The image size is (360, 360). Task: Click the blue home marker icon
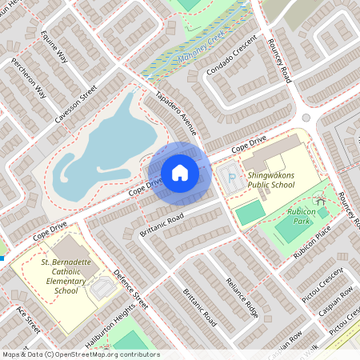[180, 172]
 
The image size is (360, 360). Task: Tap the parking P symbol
[231, 178]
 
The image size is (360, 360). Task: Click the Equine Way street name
[54, 46]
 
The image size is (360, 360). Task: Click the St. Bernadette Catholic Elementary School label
[61, 276]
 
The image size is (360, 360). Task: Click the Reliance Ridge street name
[242, 297]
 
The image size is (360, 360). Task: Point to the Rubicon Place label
[312, 242]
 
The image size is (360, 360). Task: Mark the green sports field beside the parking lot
[249, 212]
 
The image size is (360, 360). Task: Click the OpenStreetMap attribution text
[81, 354]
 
